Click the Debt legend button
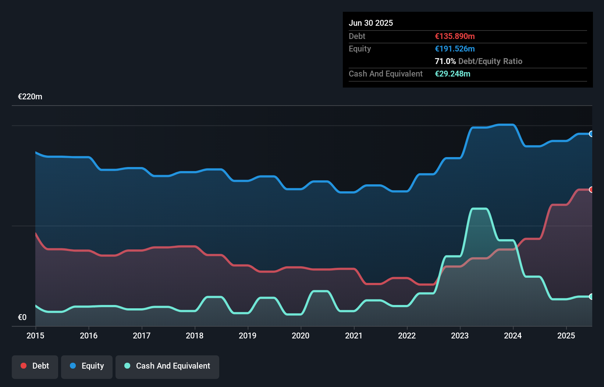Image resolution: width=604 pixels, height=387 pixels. (x=35, y=366)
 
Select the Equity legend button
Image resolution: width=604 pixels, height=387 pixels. (x=87, y=366)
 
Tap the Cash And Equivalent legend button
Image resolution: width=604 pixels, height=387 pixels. (x=167, y=366)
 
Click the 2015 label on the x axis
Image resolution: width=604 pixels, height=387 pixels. (x=35, y=335)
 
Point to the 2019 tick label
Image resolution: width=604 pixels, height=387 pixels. (x=248, y=335)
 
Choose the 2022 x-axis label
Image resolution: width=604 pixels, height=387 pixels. (x=407, y=335)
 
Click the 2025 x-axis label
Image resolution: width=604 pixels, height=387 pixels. (x=566, y=335)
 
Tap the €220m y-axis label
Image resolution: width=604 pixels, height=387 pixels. (x=30, y=97)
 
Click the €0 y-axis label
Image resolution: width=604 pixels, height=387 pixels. (x=22, y=317)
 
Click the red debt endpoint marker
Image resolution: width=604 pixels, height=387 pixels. (x=591, y=190)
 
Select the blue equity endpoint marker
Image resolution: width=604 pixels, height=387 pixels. (x=591, y=134)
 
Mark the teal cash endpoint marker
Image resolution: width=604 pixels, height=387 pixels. (x=591, y=297)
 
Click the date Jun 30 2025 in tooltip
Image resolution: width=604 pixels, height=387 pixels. (x=371, y=23)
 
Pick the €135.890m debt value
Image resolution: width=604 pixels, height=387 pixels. (x=455, y=36)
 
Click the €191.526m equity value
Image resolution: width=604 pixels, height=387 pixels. (x=455, y=49)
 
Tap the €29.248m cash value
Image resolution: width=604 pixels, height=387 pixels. (x=452, y=74)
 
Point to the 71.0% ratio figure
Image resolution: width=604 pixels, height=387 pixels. (x=445, y=61)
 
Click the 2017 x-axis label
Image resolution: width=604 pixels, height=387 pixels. (x=142, y=335)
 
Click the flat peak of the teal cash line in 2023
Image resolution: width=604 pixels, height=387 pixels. (x=480, y=209)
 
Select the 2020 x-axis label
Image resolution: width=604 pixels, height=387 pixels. (x=301, y=335)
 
